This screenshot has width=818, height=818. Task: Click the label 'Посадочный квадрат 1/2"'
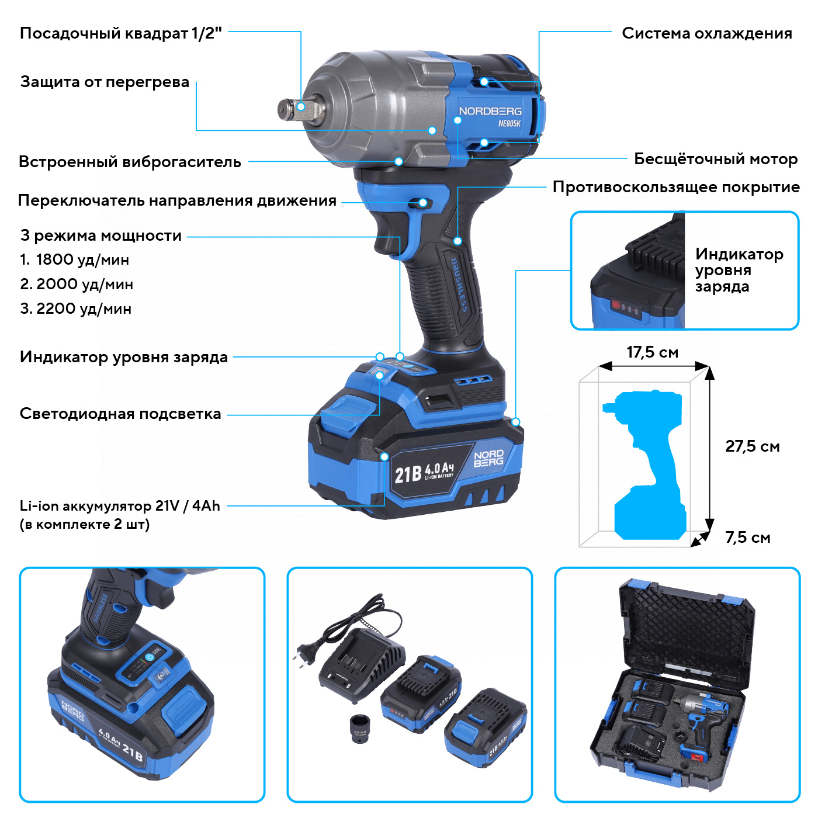point(121,33)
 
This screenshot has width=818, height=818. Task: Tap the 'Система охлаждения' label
point(707,33)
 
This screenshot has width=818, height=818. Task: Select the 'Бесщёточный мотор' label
point(716,159)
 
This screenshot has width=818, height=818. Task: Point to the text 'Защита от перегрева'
point(105,82)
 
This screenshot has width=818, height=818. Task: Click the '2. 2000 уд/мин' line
point(77,285)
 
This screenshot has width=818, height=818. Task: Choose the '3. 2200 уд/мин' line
point(76,309)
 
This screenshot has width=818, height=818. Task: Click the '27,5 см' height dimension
point(752,446)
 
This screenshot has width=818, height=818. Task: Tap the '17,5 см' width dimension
point(653,352)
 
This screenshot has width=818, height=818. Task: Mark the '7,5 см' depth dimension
point(747,538)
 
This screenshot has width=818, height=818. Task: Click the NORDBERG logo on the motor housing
point(490,111)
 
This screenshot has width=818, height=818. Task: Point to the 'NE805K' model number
point(509,124)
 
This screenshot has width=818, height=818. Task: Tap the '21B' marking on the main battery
point(408,474)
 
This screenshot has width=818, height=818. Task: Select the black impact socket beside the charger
point(360,728)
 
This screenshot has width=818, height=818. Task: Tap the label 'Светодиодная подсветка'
point(120,414)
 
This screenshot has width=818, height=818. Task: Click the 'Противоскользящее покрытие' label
point(676,187)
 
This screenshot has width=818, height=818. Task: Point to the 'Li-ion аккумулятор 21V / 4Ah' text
point(120,506)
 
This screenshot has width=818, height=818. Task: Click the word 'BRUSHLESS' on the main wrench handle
point(459,285)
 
